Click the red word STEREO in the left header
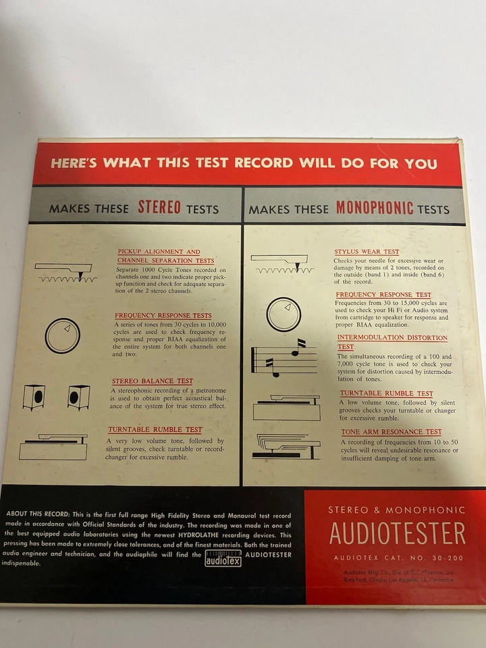click(x=159, y=207)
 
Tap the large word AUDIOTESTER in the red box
click(x=397, y=534)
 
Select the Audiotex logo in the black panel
click(x=223, y=558)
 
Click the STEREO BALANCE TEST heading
click(x=152, y=381)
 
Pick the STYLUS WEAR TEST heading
click(x=367, y=252)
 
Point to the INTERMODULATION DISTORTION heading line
click(x=391, y=337)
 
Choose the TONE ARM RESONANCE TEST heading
click(x=391, y=432)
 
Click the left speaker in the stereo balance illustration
click(x=34, y=397)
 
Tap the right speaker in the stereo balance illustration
click(x=78, y=397)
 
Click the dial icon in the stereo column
click(x=62, y=335)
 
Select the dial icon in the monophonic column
click(x=283, y=314)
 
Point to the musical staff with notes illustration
click(x=284, y=360)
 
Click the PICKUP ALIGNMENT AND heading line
click(x=159, y=252)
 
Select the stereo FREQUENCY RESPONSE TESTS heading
click(x=163, y=316)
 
